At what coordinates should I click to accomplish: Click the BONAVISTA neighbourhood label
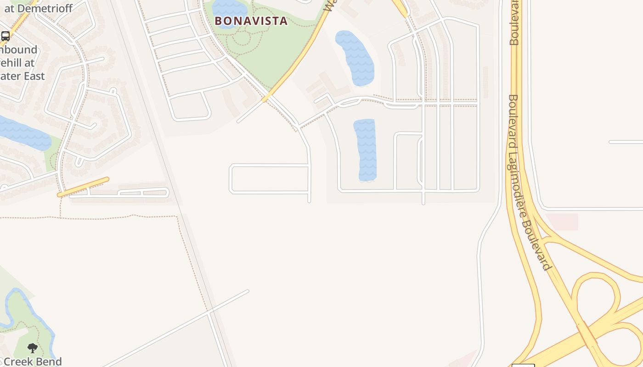coord(251,21)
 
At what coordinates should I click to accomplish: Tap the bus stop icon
coord(6,36)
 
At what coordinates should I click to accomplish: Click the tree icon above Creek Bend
coord(32,348)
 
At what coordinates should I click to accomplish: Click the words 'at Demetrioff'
coord(39,8)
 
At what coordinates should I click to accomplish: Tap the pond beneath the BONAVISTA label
coord(230,10)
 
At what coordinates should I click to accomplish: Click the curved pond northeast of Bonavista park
coord(356,57)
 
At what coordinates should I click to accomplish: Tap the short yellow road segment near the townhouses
coord(83,187)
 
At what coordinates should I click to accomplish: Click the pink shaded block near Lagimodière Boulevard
coord(562,222)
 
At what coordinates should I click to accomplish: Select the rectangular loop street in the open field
coord(269,178)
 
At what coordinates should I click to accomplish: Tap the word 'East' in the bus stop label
coord(34,76)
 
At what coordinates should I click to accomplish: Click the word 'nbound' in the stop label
coord(19,50)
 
